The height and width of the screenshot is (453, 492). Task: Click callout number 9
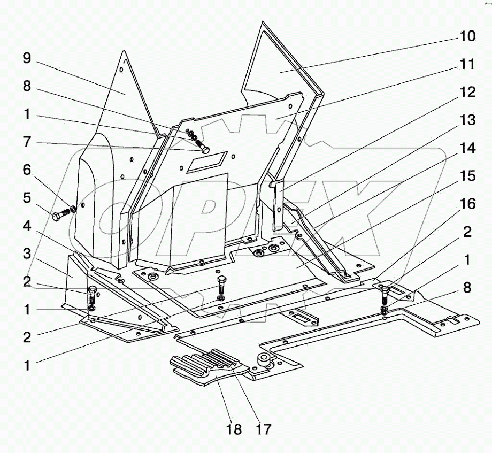coord(27,58)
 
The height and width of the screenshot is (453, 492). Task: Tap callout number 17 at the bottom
coord(264,429)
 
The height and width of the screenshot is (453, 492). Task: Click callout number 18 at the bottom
coord(234,429)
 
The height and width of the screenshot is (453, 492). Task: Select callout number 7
coord(27,143)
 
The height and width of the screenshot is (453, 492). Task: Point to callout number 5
coord(27,197)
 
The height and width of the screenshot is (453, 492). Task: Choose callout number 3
coord(27,254)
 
